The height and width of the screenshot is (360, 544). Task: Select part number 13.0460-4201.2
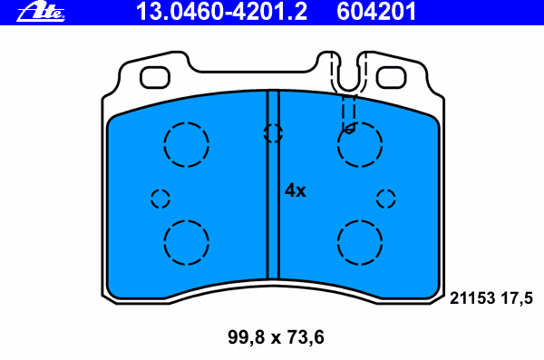221,12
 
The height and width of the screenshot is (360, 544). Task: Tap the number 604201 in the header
376,12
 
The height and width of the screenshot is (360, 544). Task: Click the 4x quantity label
296,191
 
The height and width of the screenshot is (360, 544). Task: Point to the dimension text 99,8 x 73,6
274,338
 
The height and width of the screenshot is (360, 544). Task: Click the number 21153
471,297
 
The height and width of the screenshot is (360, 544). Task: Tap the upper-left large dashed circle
187,143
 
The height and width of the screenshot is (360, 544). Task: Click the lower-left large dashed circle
187,242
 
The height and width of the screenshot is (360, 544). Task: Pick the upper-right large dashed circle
360,143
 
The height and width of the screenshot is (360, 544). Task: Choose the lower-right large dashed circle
360,242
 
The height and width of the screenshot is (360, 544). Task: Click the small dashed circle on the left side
160,199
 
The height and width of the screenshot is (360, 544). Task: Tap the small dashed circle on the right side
386,199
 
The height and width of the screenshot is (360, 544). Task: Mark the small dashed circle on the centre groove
272,133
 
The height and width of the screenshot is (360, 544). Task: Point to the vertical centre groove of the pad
272,209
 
